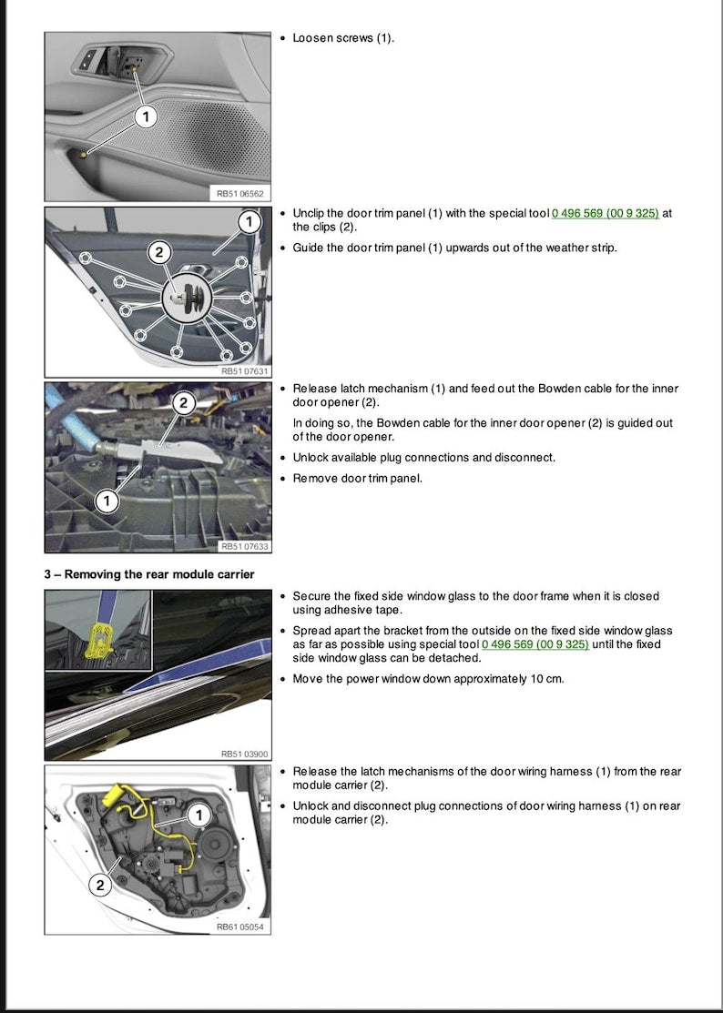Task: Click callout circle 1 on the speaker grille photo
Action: (x=147, y=116)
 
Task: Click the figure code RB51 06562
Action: (x=239, y=194)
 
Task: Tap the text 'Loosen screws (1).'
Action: (x=343, y=38)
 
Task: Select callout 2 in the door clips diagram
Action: (x=158, y=253)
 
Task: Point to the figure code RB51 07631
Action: (x=245, y=370)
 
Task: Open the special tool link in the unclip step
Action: (x=605, y=213)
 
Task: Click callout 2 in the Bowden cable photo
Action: (x=183, y=402)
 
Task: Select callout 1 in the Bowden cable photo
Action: (x=107, y=501)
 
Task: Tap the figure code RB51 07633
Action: (x=245, y=546)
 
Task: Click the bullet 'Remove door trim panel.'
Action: (x=357, y=478)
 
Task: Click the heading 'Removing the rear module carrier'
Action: (x=150, y=573)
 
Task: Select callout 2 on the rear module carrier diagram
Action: (x=100, y=884)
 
